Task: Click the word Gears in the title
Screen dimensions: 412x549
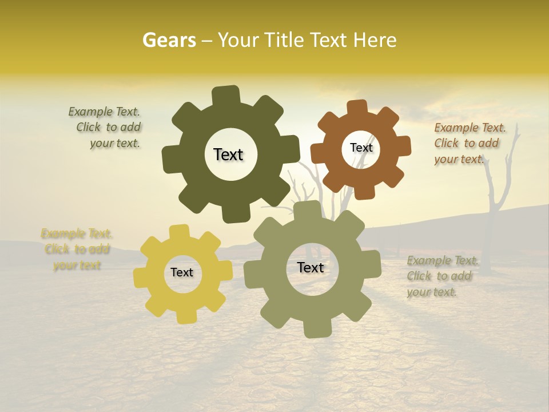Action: tap(169, 41)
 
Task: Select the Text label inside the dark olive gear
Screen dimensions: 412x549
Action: tap(228, 154)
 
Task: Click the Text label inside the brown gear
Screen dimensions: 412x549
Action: tap(361, 148)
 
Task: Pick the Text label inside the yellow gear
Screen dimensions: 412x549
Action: tap(182, 273)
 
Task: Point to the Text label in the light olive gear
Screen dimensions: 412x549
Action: tap(311, 268)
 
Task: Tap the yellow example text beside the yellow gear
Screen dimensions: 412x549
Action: tap(77, 249)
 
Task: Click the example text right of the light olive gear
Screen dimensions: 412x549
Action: tap(441, 276)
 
